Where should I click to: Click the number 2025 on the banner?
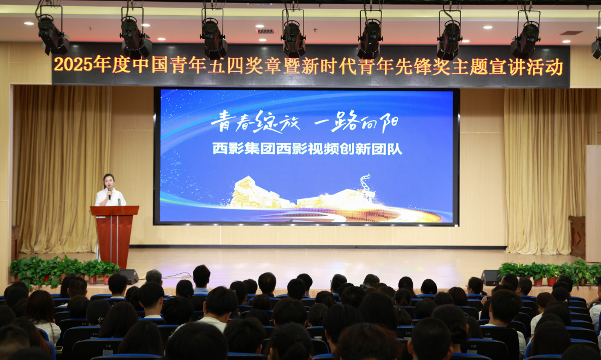tap(73, 64)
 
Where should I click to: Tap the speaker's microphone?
tap(110, 192)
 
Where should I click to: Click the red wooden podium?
tap(114, 236)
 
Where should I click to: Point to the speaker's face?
tap(109, 181)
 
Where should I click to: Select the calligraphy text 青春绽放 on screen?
tap(255, 122)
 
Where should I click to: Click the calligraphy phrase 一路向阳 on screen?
tap(356, 122)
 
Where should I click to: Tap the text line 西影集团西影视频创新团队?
tap(307, 149)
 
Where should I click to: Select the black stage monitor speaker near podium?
tap(129, 276)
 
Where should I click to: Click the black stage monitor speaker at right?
tap(490, 277)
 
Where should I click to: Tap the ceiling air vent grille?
tap(266, 31)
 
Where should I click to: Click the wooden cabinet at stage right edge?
tap(577, 237)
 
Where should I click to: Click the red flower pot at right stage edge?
tap(538, 282)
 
